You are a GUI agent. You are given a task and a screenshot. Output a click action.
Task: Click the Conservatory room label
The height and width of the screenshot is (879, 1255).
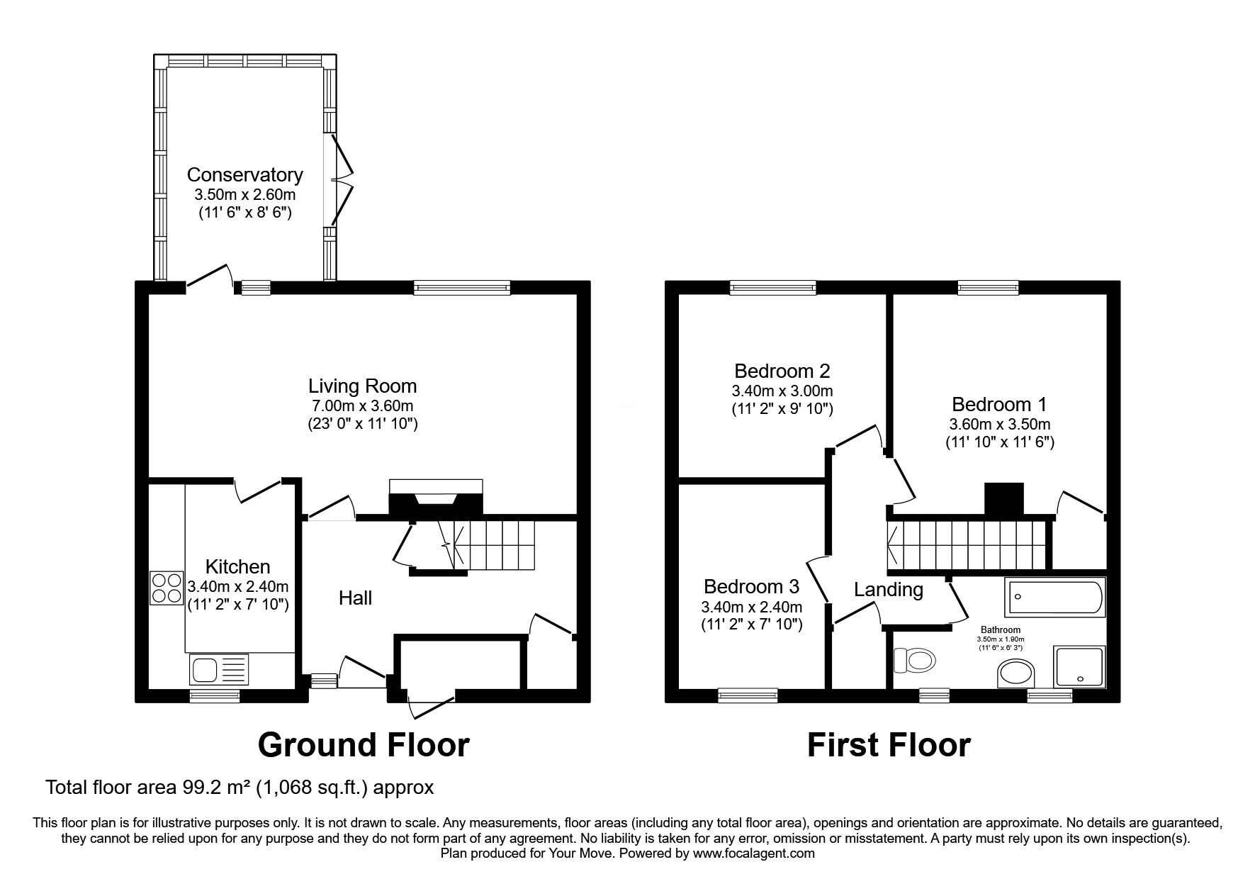coord(244,174)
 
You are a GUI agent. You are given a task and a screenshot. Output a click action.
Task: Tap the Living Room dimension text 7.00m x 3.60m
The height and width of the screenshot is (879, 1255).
coord(362,406)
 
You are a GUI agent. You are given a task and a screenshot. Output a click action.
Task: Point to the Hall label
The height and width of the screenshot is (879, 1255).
coord(355,598)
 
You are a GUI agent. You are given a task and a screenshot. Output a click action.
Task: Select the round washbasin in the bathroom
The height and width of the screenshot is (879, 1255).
coord(1016,673)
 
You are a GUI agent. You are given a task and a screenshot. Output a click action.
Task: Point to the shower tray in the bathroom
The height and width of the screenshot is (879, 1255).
coord(1079,666)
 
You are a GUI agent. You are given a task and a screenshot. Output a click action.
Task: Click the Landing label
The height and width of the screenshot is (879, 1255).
coord(888,590)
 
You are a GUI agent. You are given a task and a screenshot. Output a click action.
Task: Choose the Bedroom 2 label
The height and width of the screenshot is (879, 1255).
coord(782,371)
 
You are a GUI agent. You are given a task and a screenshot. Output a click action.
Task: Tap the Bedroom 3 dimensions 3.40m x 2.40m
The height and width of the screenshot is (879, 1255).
coord(752,607)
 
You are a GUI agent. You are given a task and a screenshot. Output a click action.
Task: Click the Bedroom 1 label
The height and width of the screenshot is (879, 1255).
coord(999,405)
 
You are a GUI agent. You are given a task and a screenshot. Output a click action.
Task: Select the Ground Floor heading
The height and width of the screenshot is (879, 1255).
coord(364,745)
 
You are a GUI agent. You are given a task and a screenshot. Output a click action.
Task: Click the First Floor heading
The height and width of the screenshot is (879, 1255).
coord(889,745)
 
